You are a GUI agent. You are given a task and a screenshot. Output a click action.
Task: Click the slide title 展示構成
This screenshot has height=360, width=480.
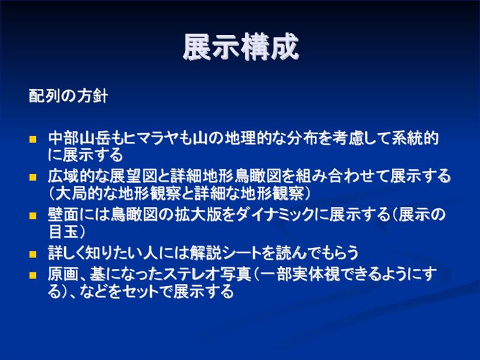pyautogui.click(x=241, y=47)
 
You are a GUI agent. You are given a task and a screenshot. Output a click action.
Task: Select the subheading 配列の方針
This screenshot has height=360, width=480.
pyautogui.click(x=68, y=96)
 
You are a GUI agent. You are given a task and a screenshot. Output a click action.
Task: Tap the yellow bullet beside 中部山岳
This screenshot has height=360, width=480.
pyautogui.click(x=33, y=140)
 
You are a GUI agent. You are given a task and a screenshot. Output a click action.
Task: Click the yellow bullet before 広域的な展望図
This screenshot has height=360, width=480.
pyautogui.click(x=33, y=177)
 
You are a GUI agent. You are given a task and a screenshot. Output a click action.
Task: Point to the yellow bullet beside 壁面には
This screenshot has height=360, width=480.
pyautogui.click(x=33, y=216)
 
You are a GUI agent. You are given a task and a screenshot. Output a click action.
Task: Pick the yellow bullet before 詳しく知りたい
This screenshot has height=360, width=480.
pyautogui.click(x=33, y=254)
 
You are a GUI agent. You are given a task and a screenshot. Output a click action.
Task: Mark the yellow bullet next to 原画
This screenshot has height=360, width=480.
pyautogui.click(x=33, y=275)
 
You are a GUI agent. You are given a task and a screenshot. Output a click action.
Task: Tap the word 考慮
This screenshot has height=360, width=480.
pyautogui.click(x=347, y=139)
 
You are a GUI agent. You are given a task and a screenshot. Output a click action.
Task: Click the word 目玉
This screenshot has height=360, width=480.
pyautogui.click(x=64, y=232)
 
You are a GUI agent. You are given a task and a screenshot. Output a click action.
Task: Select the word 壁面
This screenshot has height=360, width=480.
pyautogui.click(x=64, y=215)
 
